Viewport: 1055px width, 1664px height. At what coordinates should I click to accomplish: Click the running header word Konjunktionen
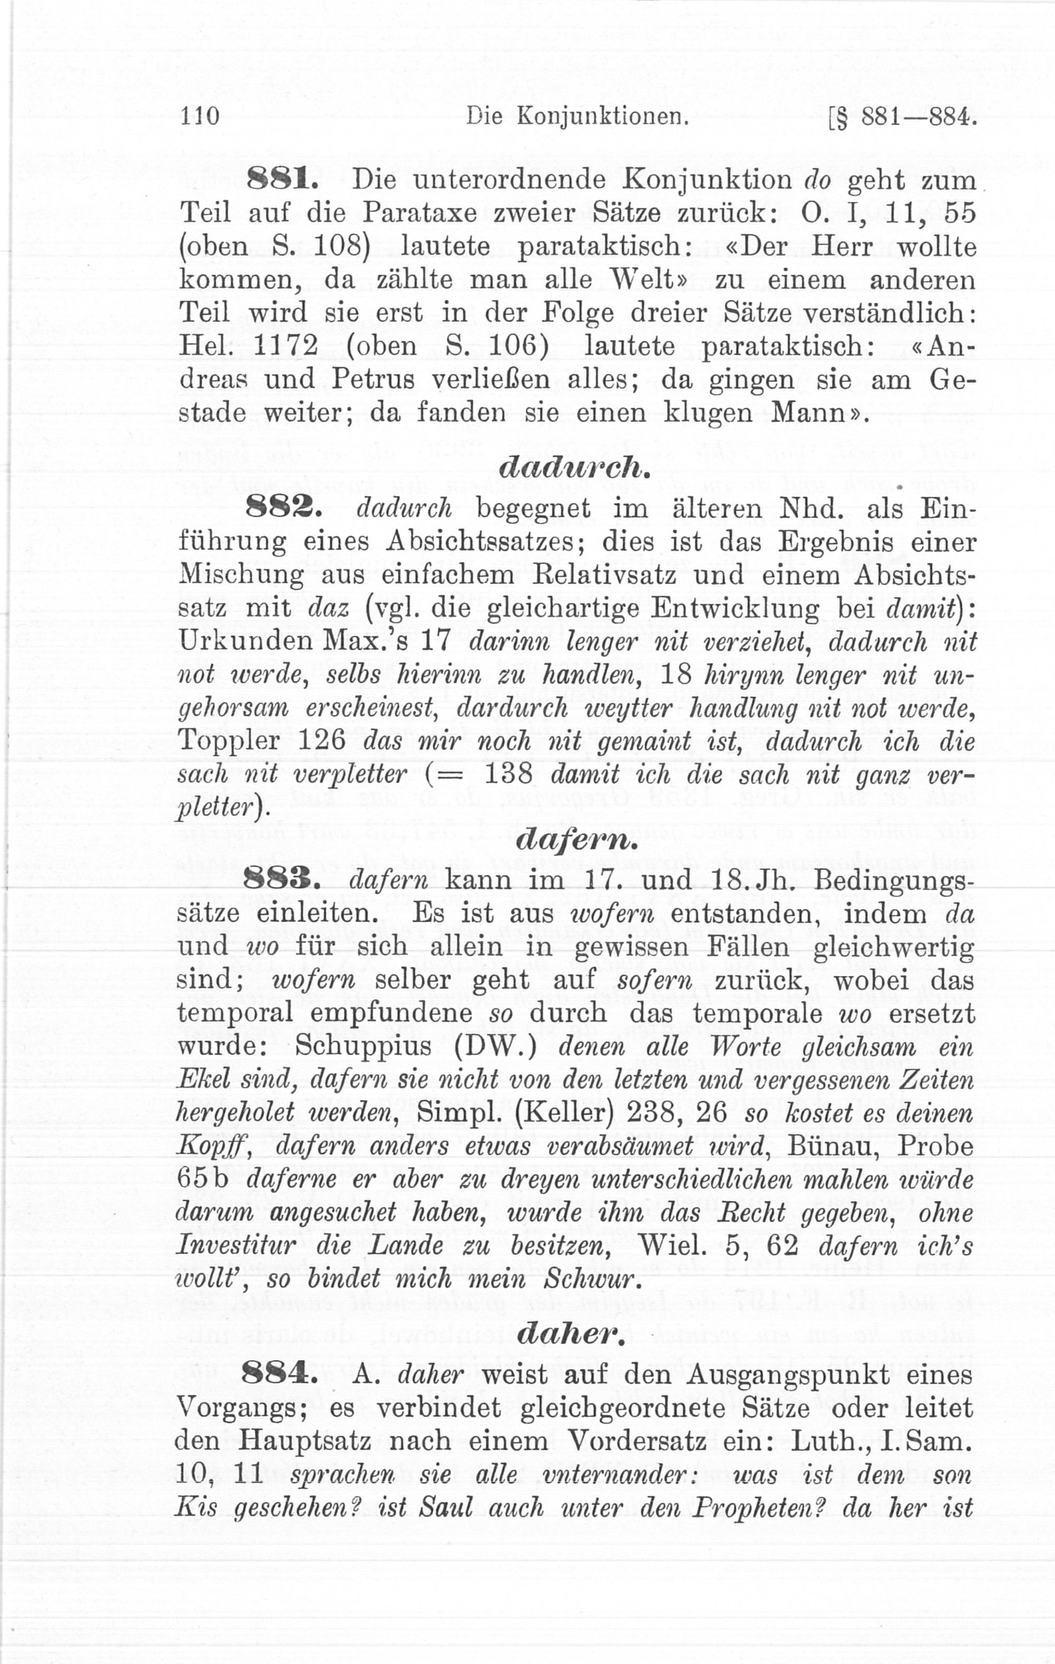pos(602,116)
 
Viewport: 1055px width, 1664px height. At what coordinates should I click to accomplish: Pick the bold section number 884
pos(279,1375)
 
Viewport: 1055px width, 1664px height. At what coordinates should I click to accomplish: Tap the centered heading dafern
pos(573,840)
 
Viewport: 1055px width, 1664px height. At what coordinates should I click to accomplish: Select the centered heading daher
pos(571,1336)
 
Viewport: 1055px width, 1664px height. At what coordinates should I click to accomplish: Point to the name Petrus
pos(374,379)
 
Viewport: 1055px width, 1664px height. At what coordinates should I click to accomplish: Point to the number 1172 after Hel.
pos(285,346)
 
